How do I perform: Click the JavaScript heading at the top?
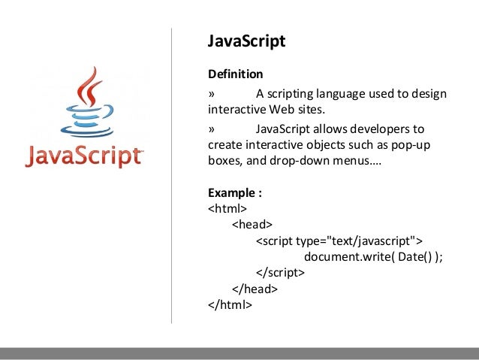coord(246,41)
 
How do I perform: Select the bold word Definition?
coord(236,74)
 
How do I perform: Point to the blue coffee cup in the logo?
coord(83,124)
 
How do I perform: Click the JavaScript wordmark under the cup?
coord(83,156)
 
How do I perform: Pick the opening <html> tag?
coord(228,208)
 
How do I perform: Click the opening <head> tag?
coord(252,224)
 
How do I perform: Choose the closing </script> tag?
coord(280,273)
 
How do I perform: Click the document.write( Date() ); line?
coord(373,256)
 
